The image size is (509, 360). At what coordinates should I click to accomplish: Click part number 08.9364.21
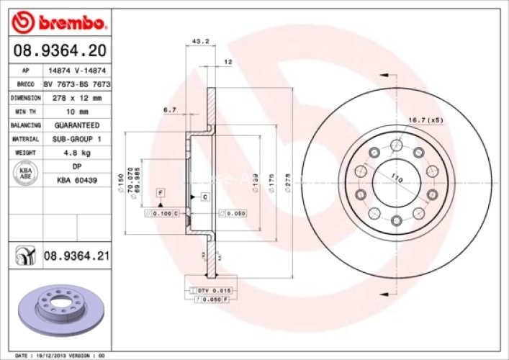pos(76,256)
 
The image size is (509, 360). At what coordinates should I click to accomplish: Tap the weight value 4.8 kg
pos(75,153)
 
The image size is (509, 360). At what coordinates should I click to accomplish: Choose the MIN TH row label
pos(25,112)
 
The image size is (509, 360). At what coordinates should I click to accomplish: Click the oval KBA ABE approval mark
pos(24,173)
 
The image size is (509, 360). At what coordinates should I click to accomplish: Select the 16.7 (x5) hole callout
pos(425,120)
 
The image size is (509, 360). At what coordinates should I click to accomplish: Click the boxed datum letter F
pos(161,192)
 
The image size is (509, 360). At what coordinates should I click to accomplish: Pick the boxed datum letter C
pos(205,197)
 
